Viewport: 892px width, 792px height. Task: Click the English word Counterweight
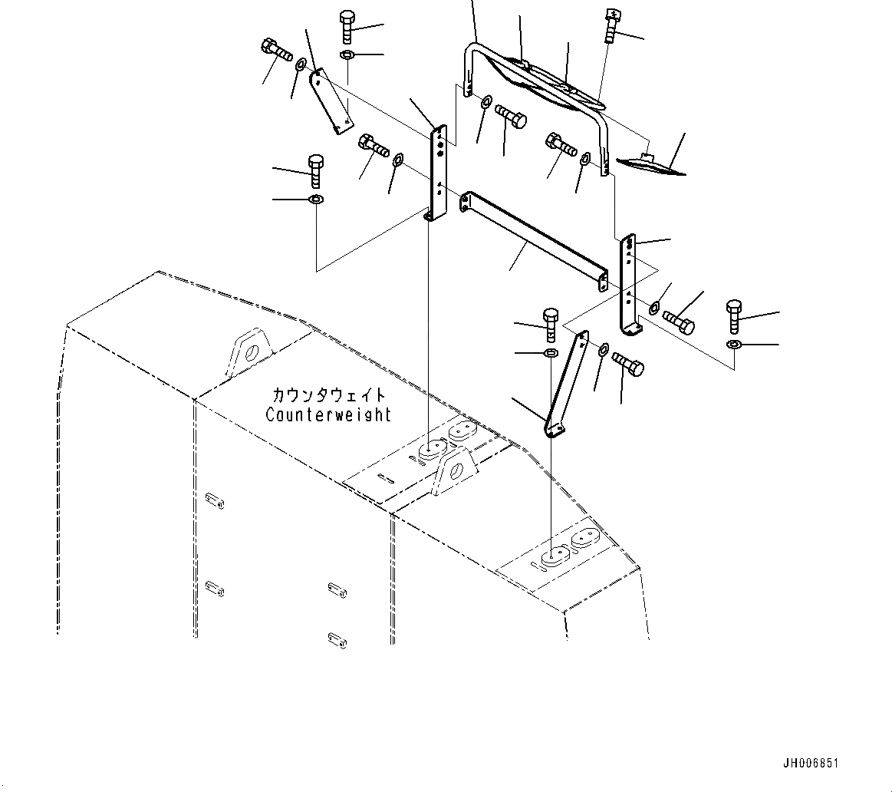coord(328,414)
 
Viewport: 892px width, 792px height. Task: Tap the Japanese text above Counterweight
coord(328,395)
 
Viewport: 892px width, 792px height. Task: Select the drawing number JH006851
coord(811,764)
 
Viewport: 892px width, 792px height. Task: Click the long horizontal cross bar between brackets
coord(533,240)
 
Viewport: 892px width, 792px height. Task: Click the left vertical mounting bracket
coord(438,173)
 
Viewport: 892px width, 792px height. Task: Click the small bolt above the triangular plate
coord(610,26)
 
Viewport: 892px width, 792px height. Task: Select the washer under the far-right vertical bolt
coord(733,345)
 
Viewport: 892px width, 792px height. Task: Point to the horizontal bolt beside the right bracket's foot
coord(678,322)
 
